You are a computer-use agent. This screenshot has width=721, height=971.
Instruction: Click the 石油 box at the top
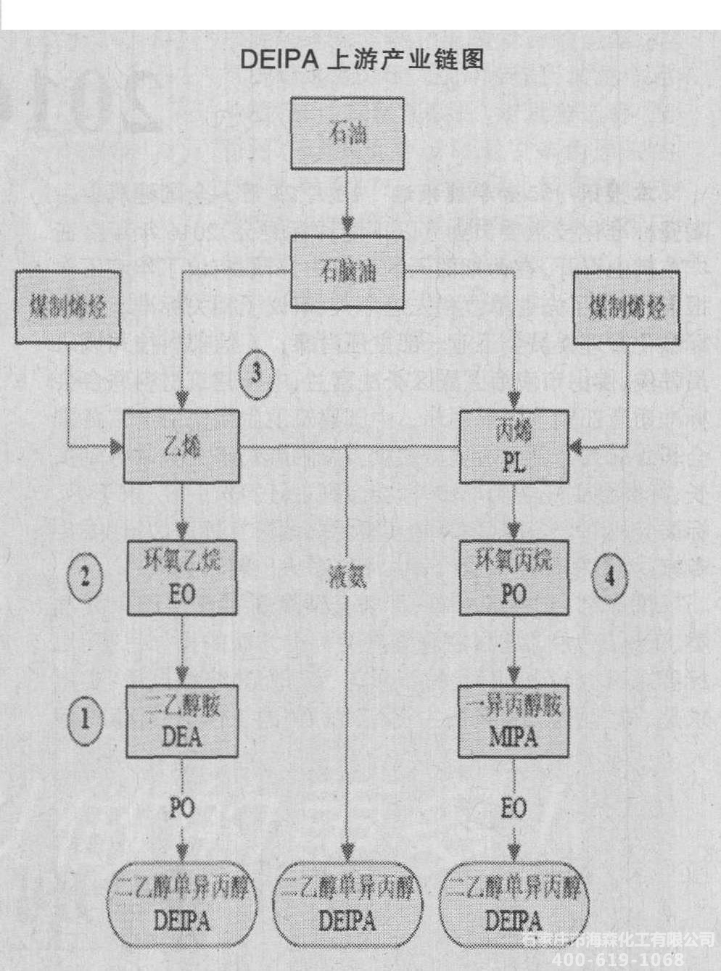point(347,134)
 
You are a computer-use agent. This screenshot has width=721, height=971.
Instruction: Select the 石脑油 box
point(347,273)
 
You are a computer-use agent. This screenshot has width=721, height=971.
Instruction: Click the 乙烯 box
point(181,446)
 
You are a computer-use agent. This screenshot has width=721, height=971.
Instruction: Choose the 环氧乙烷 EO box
point(182,577)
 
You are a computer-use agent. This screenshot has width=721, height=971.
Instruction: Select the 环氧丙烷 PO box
point(514,577)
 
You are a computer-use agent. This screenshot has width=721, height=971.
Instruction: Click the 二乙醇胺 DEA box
point(182,720)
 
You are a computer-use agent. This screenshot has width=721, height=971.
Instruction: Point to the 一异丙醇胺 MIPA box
point(514,720)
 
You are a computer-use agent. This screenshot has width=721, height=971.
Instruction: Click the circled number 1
point(85,720)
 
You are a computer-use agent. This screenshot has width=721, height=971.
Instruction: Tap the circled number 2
point(85,578)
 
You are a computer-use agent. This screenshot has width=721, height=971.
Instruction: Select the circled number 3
point(256,374)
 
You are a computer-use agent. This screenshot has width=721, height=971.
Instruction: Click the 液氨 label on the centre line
point(347,577)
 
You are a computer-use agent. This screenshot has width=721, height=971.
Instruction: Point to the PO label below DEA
point(181,806)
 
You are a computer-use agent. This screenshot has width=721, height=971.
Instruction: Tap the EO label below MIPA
point(514,806)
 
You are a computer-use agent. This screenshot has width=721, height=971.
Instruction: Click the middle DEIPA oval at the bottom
point(347,904)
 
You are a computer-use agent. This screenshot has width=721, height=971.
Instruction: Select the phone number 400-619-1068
point(618,960)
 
